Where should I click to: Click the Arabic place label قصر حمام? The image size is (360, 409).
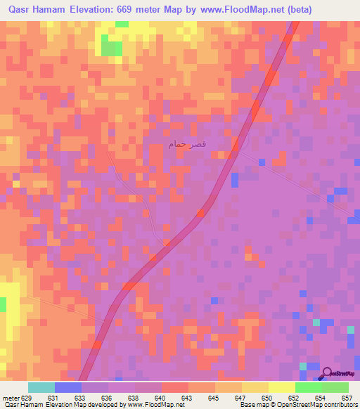[187, 144]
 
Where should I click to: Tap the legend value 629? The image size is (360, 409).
[27, 398]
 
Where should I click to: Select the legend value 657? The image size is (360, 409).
[347, 398]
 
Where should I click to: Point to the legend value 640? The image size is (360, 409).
[160, 398]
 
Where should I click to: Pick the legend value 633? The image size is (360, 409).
[79, 398]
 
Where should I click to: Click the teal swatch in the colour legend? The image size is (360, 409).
[41, 387]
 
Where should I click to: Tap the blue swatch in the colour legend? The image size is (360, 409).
[68, 387]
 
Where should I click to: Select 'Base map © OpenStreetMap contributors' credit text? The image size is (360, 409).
[298, 405]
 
